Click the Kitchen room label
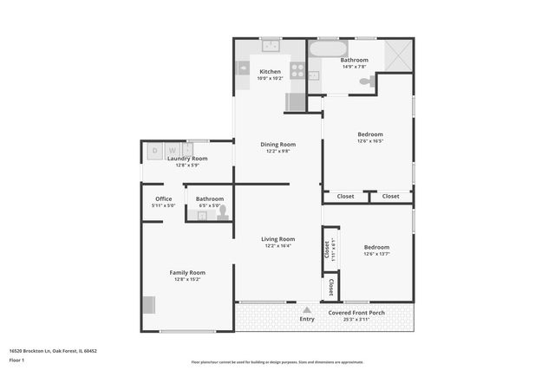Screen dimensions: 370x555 (x=270, y=72)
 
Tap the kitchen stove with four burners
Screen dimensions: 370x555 (x=297, y=72)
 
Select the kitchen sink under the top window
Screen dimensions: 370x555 (x=270, y=45)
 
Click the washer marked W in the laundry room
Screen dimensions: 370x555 (x=171, y=150)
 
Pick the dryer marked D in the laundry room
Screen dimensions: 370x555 (x=155, y=150)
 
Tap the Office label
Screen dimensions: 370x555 (x=163, y=198)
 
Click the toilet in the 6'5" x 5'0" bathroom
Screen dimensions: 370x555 (x=223, y=211)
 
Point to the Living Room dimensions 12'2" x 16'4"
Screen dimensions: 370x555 (x=277, y=245)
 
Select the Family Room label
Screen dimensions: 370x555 (x=186, y=272)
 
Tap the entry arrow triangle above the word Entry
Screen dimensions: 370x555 (x=306, y=308)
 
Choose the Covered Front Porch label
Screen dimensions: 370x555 (x=356, y=312)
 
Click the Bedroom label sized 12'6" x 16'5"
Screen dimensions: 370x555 (x=370, y=134)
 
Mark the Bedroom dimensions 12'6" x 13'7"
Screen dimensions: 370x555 (x=376, y=254)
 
